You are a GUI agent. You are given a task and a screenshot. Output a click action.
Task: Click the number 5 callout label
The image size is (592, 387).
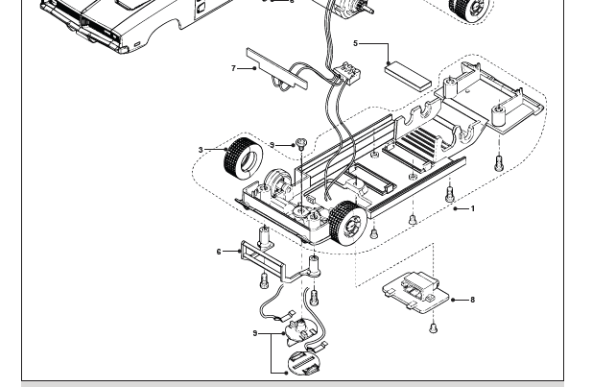tap(355, 43)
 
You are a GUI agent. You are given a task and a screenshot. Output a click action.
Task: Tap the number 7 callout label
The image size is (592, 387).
tap(233, 68)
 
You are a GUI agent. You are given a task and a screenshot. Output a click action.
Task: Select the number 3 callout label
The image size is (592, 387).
tap(201, 150)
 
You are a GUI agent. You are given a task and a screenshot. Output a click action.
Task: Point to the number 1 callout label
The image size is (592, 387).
tap(472, 208)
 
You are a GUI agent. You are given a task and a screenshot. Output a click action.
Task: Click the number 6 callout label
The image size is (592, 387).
tap(219, 252)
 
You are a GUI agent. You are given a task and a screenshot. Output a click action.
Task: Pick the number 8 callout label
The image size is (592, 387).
tap(472, 300)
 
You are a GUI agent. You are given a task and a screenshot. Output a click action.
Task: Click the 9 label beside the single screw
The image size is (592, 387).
tap(272, 145)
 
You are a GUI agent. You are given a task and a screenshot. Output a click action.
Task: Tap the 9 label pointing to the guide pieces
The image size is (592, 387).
tap(255, 333)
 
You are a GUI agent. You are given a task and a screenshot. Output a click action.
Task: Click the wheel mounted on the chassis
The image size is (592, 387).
tap(348, 225)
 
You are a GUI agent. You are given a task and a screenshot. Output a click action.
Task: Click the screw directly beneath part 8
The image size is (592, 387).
tap(433, 327)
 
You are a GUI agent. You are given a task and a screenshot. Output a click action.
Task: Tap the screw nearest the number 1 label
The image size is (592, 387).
tap(449, 195)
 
